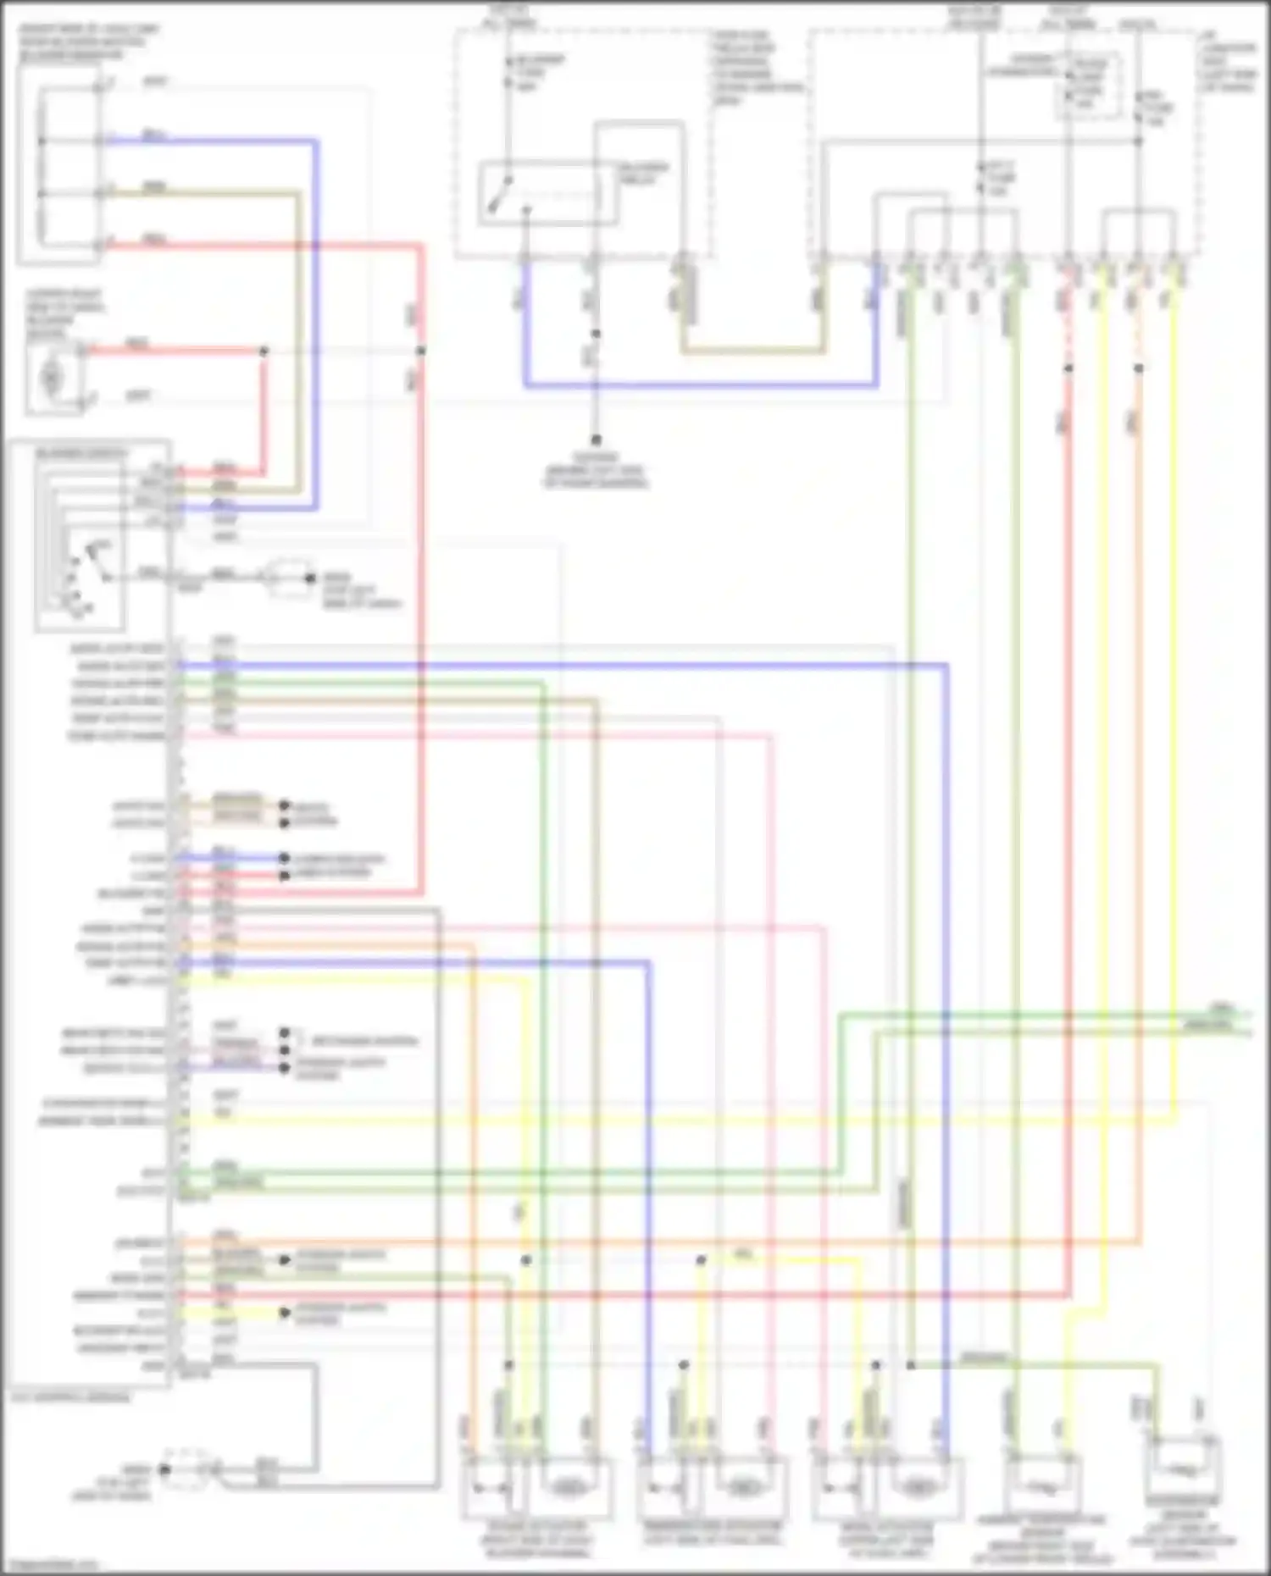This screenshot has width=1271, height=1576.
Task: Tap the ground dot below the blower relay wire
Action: (596, 440)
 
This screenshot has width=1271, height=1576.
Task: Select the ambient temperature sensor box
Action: (1042, 1486)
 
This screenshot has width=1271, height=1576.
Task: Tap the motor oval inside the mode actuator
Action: (917, 1486)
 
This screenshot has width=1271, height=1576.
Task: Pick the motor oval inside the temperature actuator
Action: (743, 1486)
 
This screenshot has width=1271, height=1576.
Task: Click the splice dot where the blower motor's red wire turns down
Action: (264, 351)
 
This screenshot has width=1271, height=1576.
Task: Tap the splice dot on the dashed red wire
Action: (1068, 368)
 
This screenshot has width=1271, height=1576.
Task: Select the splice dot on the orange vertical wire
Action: (1138, 368)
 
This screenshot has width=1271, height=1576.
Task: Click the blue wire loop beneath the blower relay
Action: (699, 385)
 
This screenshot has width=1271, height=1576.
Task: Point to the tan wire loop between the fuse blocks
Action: (751, 350)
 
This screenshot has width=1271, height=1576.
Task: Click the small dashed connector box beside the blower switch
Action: (290, 578)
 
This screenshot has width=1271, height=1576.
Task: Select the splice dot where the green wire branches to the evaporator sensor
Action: (910, 1365)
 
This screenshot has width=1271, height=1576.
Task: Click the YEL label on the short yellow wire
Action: (743, 1253)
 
